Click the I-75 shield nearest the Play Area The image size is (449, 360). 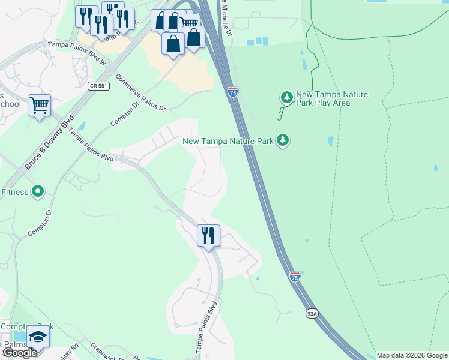tap(233, 91)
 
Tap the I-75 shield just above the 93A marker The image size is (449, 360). tap(294, 277)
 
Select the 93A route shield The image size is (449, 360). tap(312, 313)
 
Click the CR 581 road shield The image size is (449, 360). tap(97, 86)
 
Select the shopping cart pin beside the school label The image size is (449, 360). tap(39, 106)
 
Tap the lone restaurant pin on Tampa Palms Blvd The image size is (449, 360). tap(208, 235)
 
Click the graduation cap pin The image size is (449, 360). tap(38, 337)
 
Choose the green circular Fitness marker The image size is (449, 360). tap(38, 192)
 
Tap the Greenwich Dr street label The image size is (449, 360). tap(107, 352)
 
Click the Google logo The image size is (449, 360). tap(19, 353)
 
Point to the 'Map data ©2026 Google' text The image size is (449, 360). tap(412, 355)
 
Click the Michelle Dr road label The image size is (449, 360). tap(226, 18)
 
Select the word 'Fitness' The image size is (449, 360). tap(14, 192)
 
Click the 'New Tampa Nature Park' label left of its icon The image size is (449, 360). tap(228, 141)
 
